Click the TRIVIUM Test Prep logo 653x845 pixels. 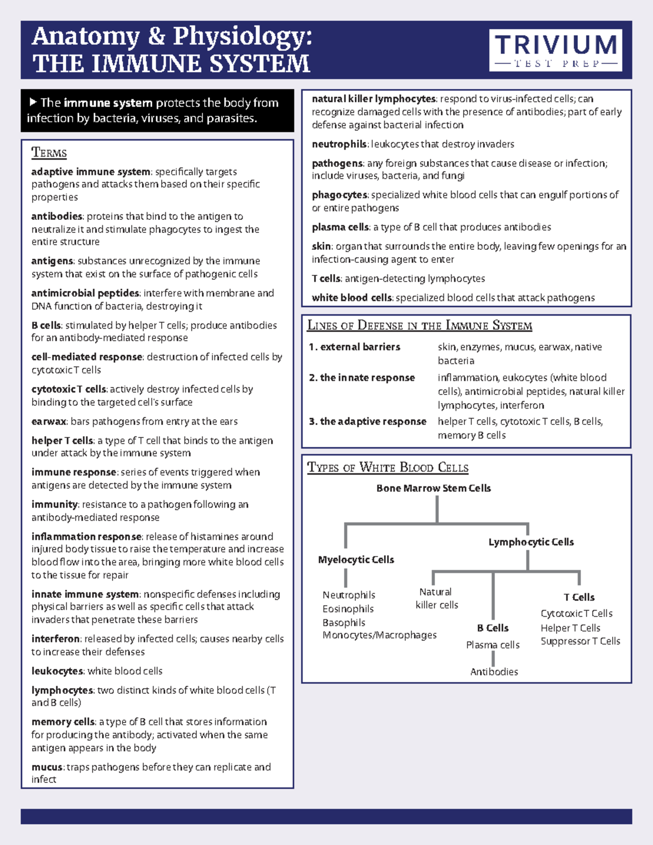tap(556, 50)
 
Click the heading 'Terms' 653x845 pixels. tap(49, 153)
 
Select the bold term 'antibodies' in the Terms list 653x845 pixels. tap(57, 217)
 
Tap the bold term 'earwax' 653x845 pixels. tap(48, 422)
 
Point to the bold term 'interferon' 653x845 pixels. tap(56, 639)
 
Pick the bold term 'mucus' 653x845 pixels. tap(47, 767)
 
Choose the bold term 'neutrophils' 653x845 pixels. tap(339, 144)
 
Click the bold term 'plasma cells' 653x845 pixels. tap(341, 227)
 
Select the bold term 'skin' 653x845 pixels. tap(321, 246)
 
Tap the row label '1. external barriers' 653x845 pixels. tap(355, 347)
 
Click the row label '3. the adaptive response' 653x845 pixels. tap(368, 422)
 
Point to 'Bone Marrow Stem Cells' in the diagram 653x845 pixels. tap(434, 489)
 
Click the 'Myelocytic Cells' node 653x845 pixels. tap(356, 560)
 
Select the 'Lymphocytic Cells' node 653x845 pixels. tap(531, 542)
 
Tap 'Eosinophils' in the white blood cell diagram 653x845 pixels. tap(348, 609)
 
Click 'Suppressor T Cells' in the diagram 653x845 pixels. tap(580, 642)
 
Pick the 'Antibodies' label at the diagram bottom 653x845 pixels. tap(494, 672)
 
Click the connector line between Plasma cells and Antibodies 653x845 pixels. tap(494, 658)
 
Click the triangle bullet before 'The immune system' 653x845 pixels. tap(33, 102)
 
